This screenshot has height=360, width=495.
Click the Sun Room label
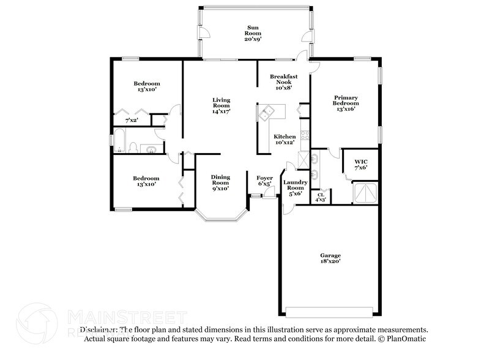[252, 32]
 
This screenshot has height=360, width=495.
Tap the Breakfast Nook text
[284, 81]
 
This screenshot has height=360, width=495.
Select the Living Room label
[221, 106]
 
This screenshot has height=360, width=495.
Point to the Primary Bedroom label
[345, 103]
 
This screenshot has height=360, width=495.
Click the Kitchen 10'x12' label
[285, 139]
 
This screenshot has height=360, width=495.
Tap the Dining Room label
[220, 182]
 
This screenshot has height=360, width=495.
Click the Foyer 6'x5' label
[264, 181]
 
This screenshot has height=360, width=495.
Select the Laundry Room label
[295, 187]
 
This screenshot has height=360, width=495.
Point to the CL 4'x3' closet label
[320, 197]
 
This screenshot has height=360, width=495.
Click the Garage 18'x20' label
[330, 258]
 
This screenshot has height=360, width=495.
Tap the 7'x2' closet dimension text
[132, 121]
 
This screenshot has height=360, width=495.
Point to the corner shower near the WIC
[367, 193]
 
